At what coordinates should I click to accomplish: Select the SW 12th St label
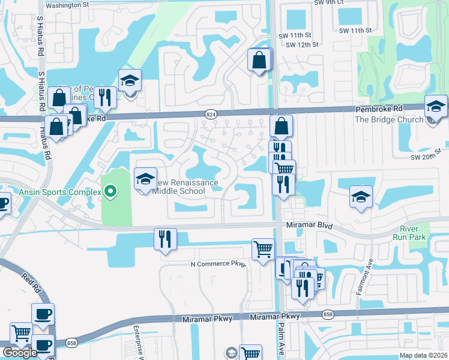point(302,45)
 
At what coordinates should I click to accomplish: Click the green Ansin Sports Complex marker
point(110,192)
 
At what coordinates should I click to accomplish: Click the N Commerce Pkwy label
point(218,264)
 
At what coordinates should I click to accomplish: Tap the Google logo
point(20,353)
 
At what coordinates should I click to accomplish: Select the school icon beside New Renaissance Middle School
point(145,179)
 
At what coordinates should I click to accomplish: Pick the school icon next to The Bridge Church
point(436,107)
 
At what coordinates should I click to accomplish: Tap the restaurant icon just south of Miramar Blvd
point(164,239)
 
